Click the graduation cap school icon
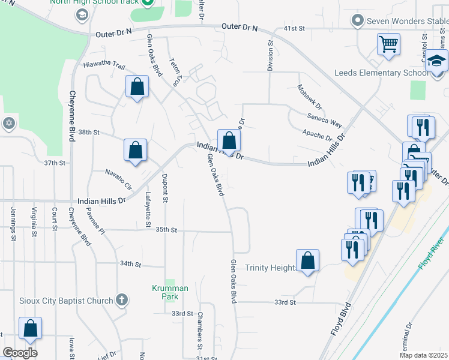coord(437,61)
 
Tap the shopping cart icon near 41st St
coord(388,44)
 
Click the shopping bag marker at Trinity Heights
coord(307,261)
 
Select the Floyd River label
coord(431,253)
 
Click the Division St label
coord(271,55)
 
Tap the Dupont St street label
coord(164,187)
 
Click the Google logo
coord(20,352)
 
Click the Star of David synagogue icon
coord(8,123)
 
